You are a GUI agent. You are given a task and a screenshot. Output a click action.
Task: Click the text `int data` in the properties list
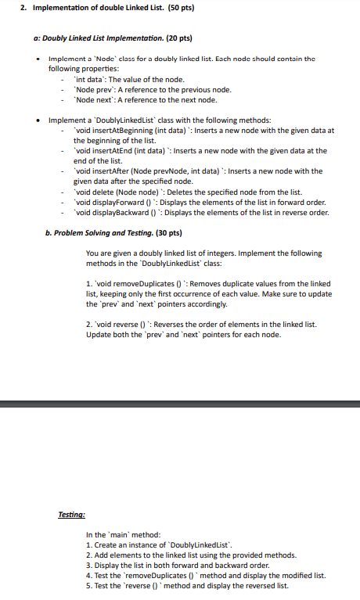click(87, 80)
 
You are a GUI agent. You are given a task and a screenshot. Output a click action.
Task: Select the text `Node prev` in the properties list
click(90, 90)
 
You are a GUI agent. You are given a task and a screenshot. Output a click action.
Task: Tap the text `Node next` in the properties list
click(90, 99)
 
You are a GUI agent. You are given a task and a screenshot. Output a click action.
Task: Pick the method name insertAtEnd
click(104, 150)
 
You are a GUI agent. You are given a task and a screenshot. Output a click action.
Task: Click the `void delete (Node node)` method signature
click(109, 192)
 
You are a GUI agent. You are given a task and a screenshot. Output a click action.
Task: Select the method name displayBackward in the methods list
click(110, 212)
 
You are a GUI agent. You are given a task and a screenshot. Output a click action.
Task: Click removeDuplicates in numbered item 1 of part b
click(135, 284)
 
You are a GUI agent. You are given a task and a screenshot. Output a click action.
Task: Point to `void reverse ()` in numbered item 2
click(116, 325)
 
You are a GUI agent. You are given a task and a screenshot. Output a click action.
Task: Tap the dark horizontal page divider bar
click(180, 404)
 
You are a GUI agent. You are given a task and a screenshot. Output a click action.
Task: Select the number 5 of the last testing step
click(88, 585)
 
